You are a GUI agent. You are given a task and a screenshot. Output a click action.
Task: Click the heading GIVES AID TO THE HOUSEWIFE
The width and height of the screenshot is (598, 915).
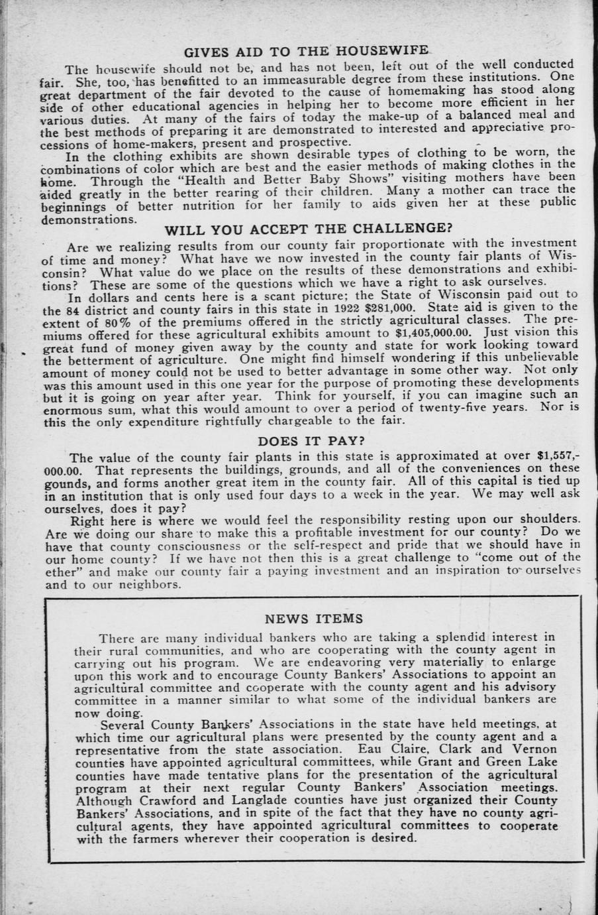[x=305, y=51]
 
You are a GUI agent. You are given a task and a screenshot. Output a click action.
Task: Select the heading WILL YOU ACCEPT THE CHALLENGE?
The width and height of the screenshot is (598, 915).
[x=308, y=229]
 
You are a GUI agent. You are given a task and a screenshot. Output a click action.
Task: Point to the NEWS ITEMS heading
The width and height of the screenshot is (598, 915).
[x=314, y=619]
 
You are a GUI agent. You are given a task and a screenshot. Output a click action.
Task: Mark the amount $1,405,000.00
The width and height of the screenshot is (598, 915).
[x=433, y=333]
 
